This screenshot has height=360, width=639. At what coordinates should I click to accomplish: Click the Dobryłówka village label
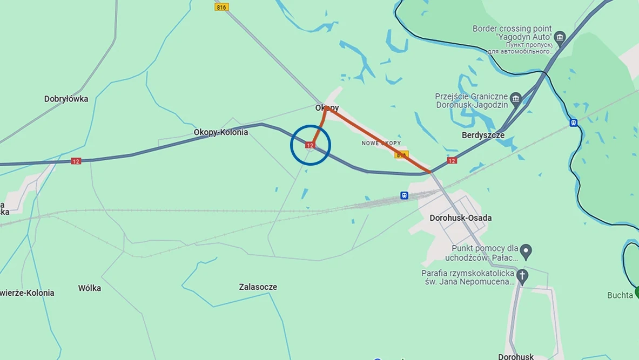tap(66, 99)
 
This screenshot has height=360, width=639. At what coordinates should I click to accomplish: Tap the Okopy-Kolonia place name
tap(221, 132)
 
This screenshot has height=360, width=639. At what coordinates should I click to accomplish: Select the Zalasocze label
tap(258, 287)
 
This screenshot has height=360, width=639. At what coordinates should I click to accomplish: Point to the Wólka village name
tap(90, 288)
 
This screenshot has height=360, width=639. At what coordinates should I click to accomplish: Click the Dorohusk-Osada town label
tap(460, 218)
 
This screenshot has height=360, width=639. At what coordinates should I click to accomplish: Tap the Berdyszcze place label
tap(483, 135)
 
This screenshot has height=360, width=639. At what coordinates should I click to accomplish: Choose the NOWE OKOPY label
tap(381, 143)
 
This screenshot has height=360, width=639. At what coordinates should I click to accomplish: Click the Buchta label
tap(620, 295)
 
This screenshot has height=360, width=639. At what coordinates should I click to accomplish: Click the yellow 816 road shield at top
tap(221, 7)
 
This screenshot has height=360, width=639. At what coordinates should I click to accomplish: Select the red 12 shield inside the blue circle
tap(310, 145)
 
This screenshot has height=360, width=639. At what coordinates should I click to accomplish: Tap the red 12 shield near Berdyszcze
tap(452, 160)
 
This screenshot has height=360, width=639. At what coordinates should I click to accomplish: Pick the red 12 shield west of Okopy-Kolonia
tap(76, 161)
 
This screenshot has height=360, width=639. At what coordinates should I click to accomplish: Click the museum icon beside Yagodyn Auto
tap(560, 37)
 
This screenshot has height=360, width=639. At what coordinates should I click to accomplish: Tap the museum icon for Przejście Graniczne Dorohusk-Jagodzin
tap(516, 99)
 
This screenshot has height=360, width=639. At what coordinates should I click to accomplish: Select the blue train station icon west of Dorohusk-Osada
tap(404, 195)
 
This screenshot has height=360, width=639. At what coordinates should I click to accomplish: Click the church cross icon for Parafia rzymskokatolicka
tap(522, 276)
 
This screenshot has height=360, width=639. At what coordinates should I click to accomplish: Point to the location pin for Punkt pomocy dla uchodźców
tap(526, 251)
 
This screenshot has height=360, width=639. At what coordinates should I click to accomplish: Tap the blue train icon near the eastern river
tap(574, 123)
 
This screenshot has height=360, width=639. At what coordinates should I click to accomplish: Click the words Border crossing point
tap(512, 29)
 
